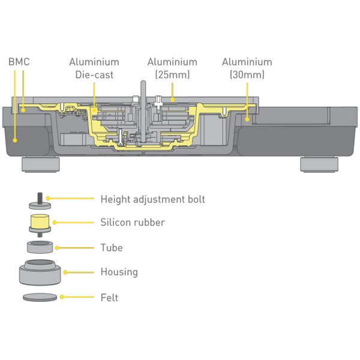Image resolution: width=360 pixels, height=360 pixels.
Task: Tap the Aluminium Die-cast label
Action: (94, 68)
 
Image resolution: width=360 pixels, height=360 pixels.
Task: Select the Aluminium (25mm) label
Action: (172, 68)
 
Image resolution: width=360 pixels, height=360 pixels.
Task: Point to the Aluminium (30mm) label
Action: (247, 68)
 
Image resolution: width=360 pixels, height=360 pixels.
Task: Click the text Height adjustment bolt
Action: (152, 199)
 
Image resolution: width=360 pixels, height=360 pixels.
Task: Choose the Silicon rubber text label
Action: (132, 223)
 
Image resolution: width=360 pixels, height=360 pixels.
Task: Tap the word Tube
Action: (112, 247)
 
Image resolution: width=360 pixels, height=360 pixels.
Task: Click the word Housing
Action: (119, 272)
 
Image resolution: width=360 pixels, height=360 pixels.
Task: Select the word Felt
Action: (109, 297)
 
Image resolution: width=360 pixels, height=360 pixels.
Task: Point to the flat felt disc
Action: (40, 296)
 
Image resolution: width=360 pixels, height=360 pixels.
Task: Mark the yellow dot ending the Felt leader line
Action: (62, 296)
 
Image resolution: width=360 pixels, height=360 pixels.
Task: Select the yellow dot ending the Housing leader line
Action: (64, 272)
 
